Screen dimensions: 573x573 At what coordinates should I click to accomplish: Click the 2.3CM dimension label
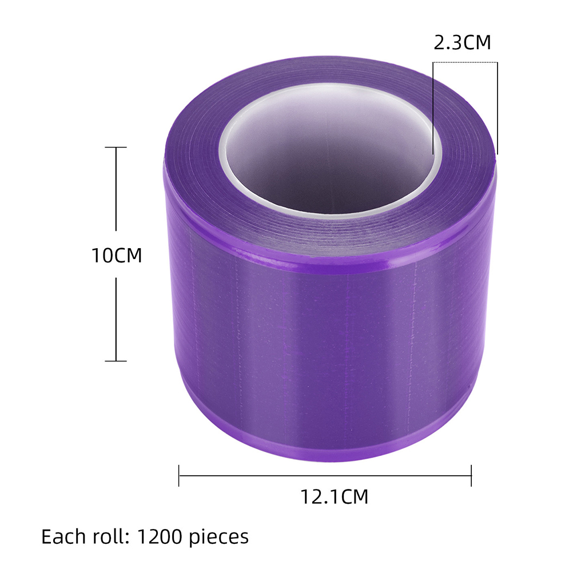click(462, 42)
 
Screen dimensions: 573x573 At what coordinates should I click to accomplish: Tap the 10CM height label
click(117, 255)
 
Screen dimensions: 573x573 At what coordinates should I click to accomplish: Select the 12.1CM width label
click(334, 496)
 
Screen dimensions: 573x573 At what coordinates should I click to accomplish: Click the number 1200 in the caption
click(160, 536)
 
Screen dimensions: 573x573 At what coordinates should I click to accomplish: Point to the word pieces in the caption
click(218, 538)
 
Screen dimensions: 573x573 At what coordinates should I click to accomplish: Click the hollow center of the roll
click(331, 153)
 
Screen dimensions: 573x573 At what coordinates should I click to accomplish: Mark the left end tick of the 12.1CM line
click(178, 475)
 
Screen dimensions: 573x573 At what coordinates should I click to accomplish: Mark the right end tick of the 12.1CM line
click(471, 475)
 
